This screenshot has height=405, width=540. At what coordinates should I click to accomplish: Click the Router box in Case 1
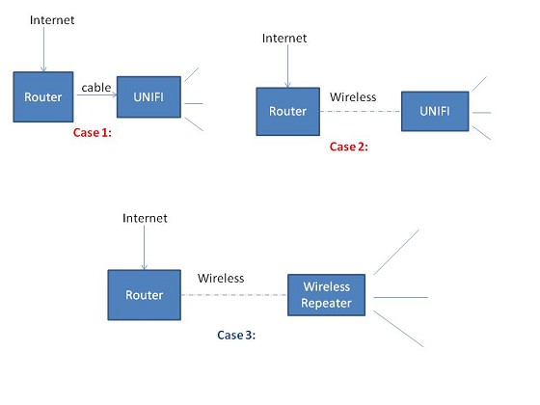[43, 96]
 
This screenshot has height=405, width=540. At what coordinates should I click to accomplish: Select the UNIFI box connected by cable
[148, 96]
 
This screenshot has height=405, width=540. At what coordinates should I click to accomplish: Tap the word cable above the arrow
[96, 88]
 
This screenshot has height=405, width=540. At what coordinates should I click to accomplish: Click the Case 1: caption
[93, 133]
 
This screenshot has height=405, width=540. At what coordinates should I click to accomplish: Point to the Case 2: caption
[348, 147]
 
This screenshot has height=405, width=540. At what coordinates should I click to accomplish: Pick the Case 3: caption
[236, 336]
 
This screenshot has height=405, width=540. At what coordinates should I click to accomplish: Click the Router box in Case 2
[288, 111]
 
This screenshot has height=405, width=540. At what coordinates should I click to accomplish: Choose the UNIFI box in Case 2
[435, 111]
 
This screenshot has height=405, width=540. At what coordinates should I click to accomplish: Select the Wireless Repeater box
[327, 295]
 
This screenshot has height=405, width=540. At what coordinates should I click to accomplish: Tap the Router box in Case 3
[145, 295]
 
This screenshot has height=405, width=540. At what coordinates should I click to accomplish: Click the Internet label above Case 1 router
[52, 20]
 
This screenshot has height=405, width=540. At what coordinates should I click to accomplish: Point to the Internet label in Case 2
[284, 38]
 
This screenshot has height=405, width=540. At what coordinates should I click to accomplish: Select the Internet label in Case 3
[145, 218]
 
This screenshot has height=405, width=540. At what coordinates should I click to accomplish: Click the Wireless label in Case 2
[353, 97]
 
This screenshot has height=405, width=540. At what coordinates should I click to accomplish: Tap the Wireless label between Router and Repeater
[221, 279]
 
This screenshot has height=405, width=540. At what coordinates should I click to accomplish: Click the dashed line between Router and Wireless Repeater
[234, 295]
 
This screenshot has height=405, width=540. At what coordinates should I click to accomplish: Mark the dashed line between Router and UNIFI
[361, 112]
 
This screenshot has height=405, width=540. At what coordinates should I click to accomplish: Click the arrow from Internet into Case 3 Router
[145, 247]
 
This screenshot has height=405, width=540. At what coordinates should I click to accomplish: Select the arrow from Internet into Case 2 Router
[288, 67]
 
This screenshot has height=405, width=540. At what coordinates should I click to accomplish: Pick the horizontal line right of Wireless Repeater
[401, 297]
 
